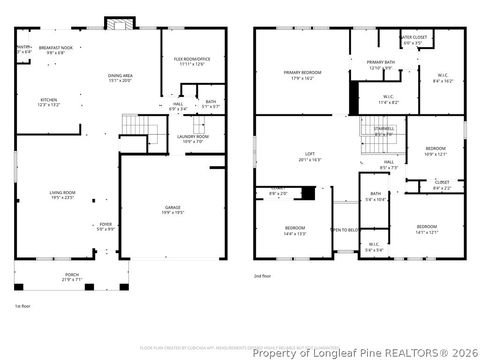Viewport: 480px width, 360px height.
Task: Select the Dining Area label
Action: click(x=121, y=78)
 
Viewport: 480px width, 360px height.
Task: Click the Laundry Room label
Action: click(x=192, y=138)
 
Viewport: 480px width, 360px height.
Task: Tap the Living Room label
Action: click(x=62, y=195)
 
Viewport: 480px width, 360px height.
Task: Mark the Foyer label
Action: click(x=105, y=227)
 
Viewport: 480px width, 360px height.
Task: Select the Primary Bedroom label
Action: click(x=301, y=75)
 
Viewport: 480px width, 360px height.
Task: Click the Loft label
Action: click(x=309, y=157)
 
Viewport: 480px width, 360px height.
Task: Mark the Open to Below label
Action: click(x=345, y=230)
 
